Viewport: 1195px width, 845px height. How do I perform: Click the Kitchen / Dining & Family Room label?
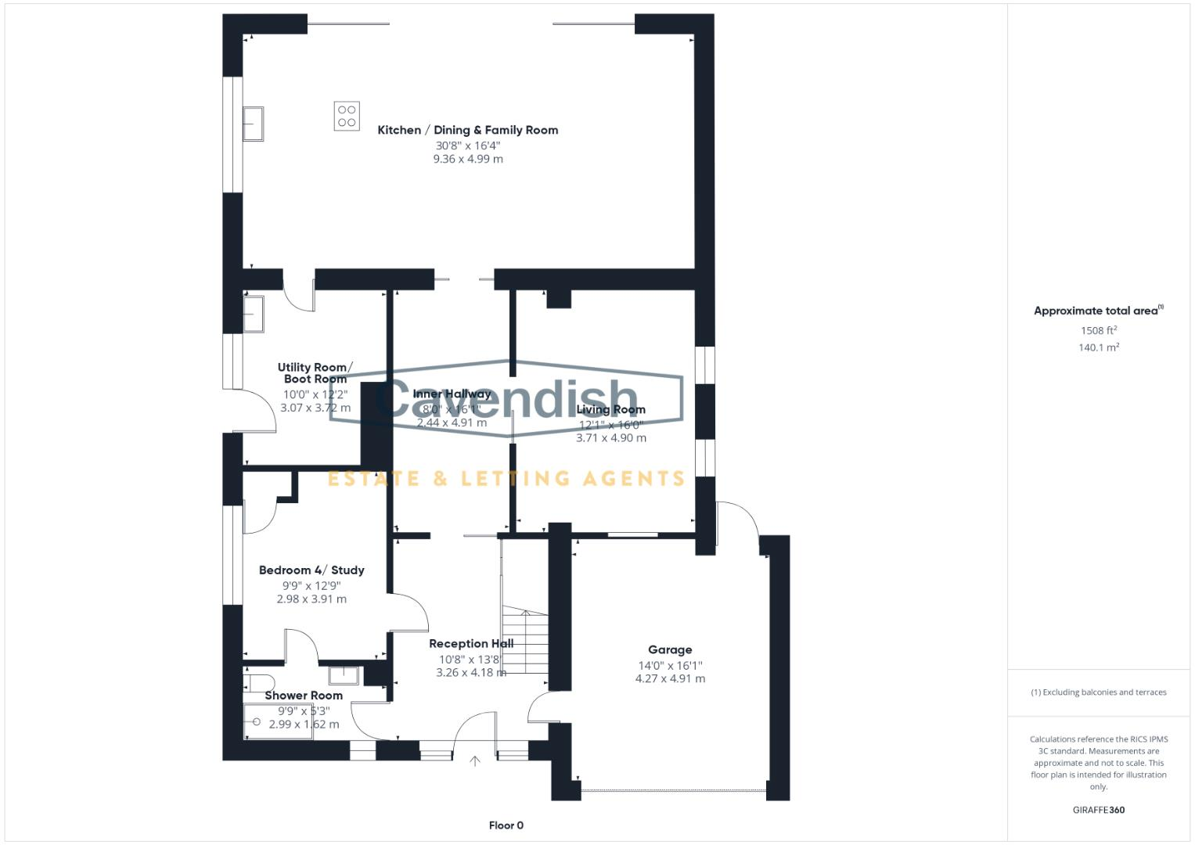[467, 130]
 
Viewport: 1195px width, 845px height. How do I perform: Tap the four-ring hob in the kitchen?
[347, 116]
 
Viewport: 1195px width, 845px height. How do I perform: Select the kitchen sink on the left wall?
[253, 124]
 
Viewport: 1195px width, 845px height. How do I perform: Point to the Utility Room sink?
[253, 313]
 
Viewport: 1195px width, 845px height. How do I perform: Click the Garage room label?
[670, 649]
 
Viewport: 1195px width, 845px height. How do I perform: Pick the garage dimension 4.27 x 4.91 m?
[670, 678]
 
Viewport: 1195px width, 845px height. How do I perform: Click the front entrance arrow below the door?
[474, 760]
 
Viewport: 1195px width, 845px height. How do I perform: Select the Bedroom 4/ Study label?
[311, 570]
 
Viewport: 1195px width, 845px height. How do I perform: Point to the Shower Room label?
[304, 696]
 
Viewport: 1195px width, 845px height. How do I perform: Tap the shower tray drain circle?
[257, 722]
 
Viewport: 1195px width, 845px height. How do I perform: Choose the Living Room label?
[611, 409]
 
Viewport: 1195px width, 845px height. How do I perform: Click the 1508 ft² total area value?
[1099, 330]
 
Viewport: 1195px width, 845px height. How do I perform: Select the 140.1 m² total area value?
[1099, 347]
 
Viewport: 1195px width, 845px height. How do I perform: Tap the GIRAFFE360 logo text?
[1099, 810]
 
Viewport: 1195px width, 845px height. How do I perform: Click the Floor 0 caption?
[506, 825]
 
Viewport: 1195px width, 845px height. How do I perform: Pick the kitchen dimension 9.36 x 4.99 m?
[468, 159]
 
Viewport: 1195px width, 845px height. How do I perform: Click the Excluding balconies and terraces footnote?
[1099, 692]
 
